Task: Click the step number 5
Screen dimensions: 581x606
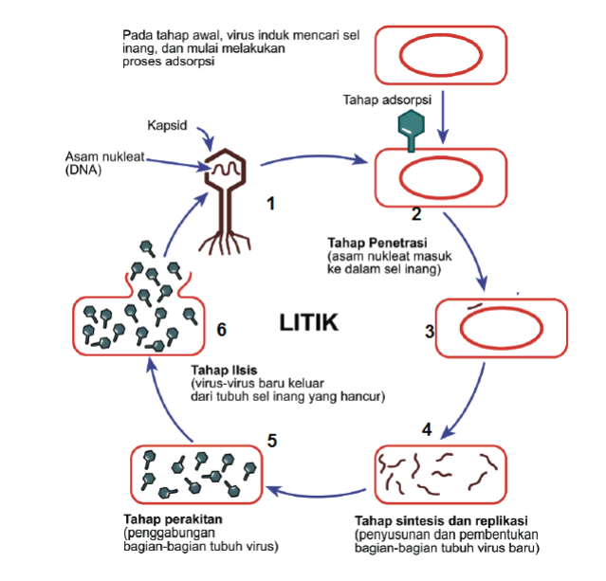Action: pyautogui.click(x=271, y=440)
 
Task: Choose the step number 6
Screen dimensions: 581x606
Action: pyautogui.click(x=221, y=330)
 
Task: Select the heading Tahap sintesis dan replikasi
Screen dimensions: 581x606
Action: pyautogui.click(x=440, y=521)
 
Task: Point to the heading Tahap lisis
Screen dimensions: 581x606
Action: pyautogui.click(x=223, y=370)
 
